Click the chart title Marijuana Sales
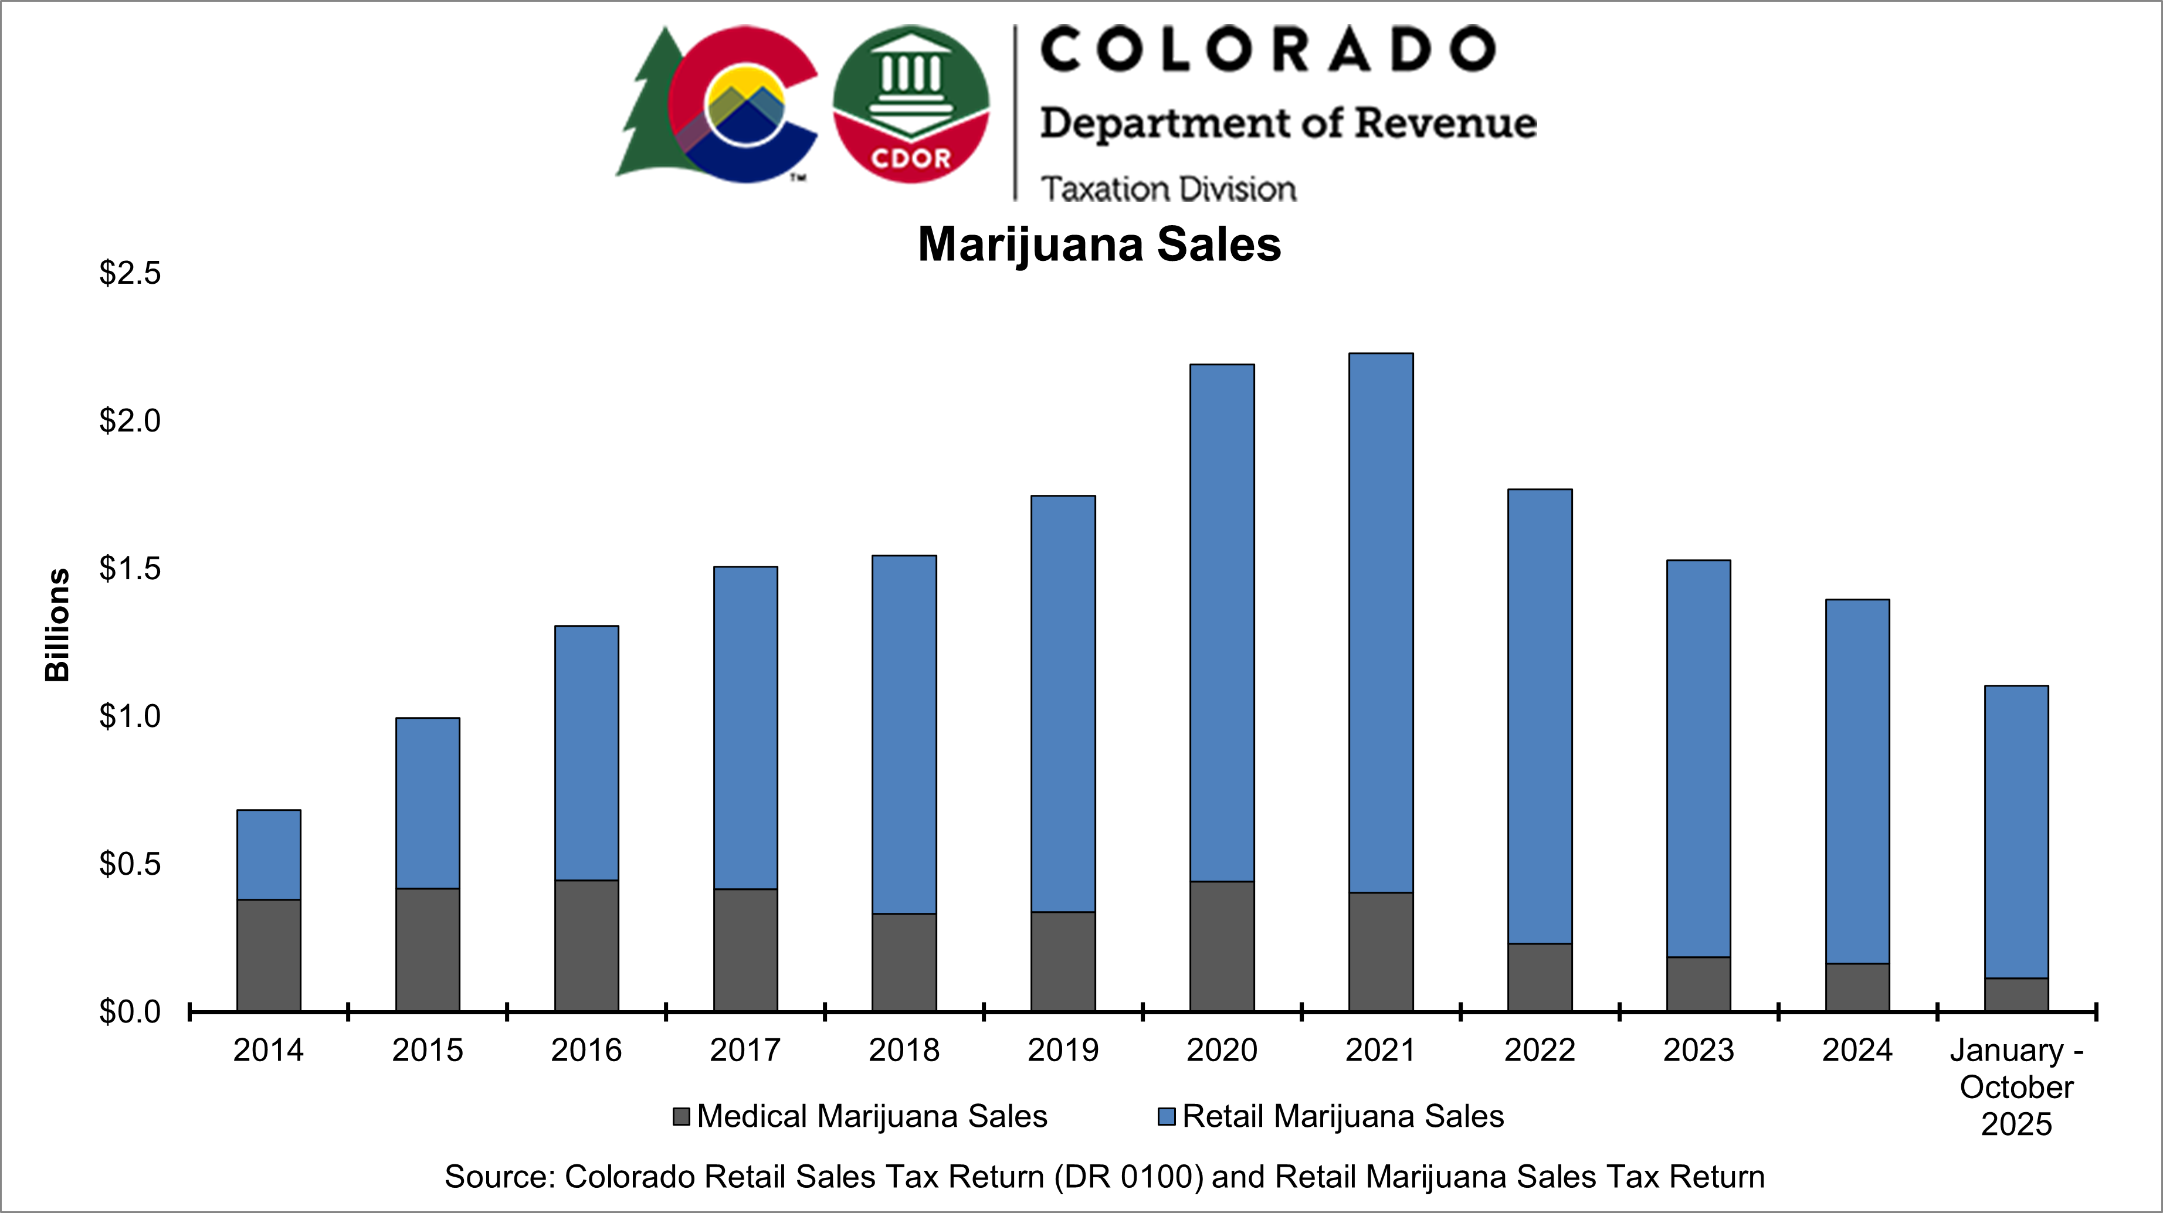(1099, 244)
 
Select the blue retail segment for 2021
(1381, 622)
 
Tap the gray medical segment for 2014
(269, 954)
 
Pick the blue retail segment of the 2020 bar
(1222, 622)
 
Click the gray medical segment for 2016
(586, 944)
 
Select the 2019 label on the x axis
(1063, 1050)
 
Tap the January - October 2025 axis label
(2016, 1086)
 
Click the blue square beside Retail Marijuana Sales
(1167, 1116)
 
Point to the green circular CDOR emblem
(911, 103)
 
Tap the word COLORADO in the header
(1269, 49)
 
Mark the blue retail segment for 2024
(1857, 781)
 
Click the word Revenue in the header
(1445, 123)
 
